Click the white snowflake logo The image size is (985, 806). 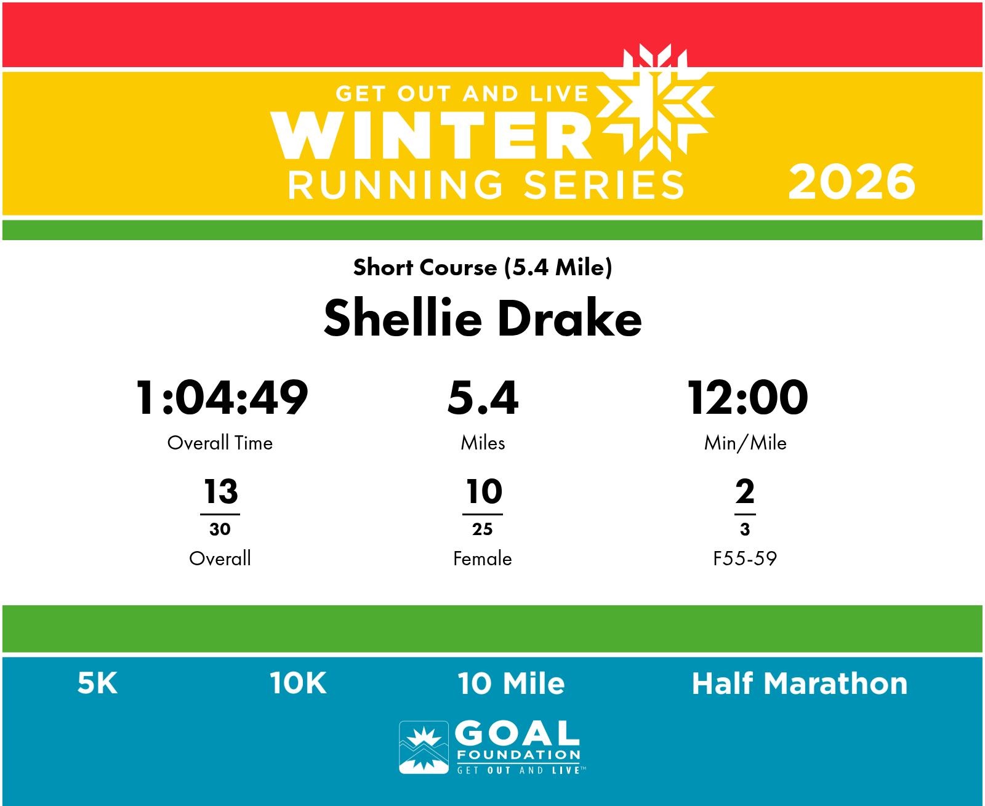pos(656,103)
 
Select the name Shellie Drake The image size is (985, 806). pos(483,318)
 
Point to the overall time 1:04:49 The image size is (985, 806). pos(222,397)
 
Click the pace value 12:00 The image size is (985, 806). pos(747,397)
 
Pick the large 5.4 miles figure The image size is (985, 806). pos(483,397)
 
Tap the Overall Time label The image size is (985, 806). pos(220,443)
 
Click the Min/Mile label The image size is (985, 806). pos(745,443)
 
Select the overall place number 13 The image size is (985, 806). pos(221,491)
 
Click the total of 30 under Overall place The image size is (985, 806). pos(220,529)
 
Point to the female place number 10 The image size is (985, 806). pos(484,491)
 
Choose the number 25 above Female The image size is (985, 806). pos(483,529)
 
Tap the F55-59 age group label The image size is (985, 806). pos(745,558)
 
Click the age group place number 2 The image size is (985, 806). pos(745,491)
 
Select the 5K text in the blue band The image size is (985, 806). pos(97,683)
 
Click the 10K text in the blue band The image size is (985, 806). pos(298,683)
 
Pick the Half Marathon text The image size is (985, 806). pos(800,683)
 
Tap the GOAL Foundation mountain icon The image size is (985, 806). pos(424,747)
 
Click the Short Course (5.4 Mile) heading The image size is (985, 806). pos(483,268)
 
